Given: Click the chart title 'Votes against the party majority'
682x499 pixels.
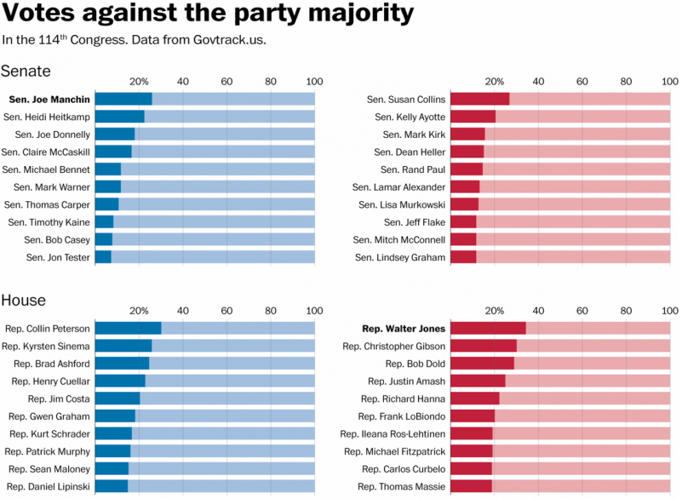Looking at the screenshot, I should pyautogui.click(x=208, y=14).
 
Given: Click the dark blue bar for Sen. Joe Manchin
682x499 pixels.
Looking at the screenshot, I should pyautogui.click(x=123, y=99).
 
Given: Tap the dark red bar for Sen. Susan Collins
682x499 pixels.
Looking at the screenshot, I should pyautogui.click(x=479, y=99).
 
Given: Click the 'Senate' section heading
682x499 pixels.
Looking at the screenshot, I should pyautogui.click(x=26, y=71).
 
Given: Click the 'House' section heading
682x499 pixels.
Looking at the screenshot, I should pyautogui.click(x=24, y=301).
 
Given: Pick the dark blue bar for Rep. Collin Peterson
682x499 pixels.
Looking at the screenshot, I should pyautogui.click(x=128, y=329).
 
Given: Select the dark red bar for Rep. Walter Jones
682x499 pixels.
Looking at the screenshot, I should pyautogui.click(x=488, y=329).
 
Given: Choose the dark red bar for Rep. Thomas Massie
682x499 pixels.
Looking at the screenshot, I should pyautogui.click(x=471, y=486).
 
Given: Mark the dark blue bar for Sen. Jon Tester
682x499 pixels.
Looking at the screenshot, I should pyautogui.click(x=103, y=257).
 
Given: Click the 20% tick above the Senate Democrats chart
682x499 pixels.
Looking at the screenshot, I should pyautogui.click(x=140, y=82).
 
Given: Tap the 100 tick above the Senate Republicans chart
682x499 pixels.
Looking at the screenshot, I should pyautogui.click(x=671, y=82).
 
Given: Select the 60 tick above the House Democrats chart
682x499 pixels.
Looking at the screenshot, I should pyautogui.click(x=226, y=310).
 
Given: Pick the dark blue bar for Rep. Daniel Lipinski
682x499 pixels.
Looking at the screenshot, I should pyautogui.click(x=112, y=486).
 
